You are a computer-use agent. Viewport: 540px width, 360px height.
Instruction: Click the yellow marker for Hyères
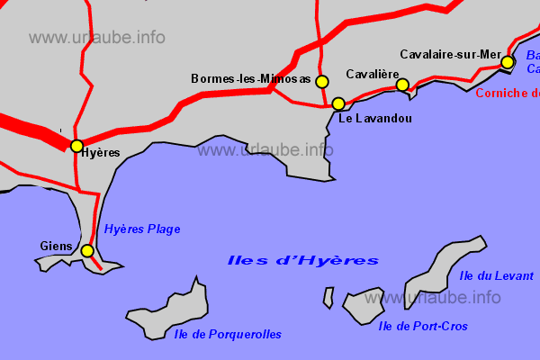tap(76, 146)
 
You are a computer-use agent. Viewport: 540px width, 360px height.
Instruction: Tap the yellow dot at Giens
tap(87, 251)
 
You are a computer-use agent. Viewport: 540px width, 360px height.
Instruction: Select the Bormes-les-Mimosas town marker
tap(321, 82)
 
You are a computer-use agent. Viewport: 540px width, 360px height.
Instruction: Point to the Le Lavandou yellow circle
tap(338, 103)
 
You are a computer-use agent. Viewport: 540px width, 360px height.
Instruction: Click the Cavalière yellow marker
tap(402, 85)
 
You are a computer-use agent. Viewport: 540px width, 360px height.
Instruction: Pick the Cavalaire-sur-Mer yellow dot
tap(508, 62)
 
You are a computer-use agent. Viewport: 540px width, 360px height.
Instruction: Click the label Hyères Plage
tap(142, 229)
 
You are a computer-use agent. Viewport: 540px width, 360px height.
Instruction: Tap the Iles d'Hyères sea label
tap(302, 261)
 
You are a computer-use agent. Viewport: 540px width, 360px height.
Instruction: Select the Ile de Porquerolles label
tap(228, 334)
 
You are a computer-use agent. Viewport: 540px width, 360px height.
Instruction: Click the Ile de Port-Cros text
tap(423, 326)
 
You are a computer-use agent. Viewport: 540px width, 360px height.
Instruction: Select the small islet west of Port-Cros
tap(328, 298)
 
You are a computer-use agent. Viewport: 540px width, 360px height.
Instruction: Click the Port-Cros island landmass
tap(364, 306)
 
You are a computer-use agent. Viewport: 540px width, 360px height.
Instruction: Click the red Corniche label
tap(507, 93)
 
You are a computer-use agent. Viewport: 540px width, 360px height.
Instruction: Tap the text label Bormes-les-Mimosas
tap(251, 79)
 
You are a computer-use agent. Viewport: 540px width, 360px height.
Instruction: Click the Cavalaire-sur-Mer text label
tap(450, 54)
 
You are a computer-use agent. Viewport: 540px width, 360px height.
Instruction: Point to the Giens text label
tap(56, 246)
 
